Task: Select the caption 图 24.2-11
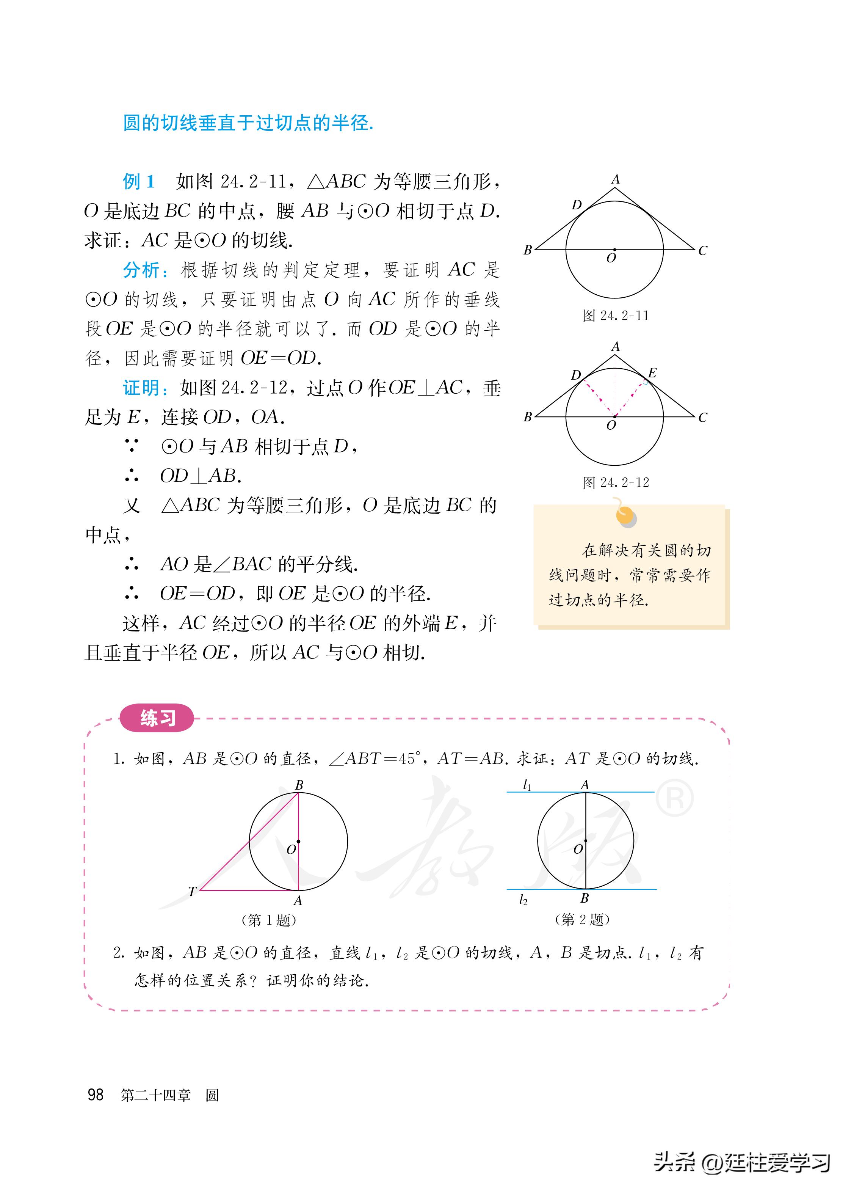(616, 316)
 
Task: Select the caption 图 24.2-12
(616, 482)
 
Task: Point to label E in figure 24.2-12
(652, 373)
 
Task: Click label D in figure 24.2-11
(577, 204)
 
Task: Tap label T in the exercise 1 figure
(192, 891)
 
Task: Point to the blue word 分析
(141, 270)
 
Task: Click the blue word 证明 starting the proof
(141, 388)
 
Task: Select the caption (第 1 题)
(269, 920)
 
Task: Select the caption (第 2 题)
(582, 919)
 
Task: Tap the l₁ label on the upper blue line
(527, 785)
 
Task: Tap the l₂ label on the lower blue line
(523, 900)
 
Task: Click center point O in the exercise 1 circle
(298, 841)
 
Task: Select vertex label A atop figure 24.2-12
(615, 347)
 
